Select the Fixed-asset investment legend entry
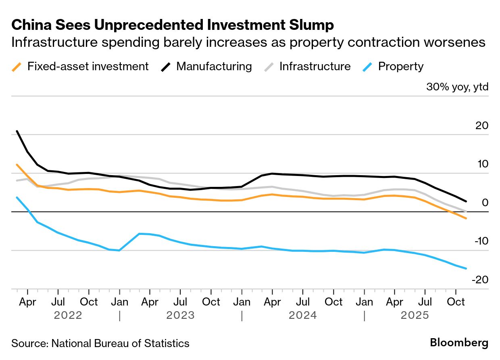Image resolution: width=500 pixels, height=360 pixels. (87, 67)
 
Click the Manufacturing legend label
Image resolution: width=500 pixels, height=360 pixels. (214, 67)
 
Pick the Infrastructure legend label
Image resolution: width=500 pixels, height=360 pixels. (315, 67)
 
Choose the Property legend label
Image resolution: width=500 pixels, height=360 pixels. (400, 67)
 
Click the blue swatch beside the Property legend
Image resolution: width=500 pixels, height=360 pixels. (367, 67)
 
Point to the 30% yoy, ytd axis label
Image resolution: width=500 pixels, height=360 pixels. (457, 87)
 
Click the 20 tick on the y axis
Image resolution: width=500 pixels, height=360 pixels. (482, 126)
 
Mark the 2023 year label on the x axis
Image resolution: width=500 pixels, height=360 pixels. (180, 315)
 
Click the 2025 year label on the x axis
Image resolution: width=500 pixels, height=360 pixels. (415, 315)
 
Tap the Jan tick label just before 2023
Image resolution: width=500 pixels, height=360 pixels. (119, 302)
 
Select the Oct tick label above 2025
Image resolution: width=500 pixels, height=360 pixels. (456, 302)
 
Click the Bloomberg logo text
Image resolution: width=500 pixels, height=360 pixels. (459, 343)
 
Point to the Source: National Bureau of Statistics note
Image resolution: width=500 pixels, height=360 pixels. (100, 343)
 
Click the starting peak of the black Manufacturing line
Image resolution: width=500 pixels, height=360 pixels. (17, 131)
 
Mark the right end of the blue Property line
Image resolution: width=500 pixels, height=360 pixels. (466, 268)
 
